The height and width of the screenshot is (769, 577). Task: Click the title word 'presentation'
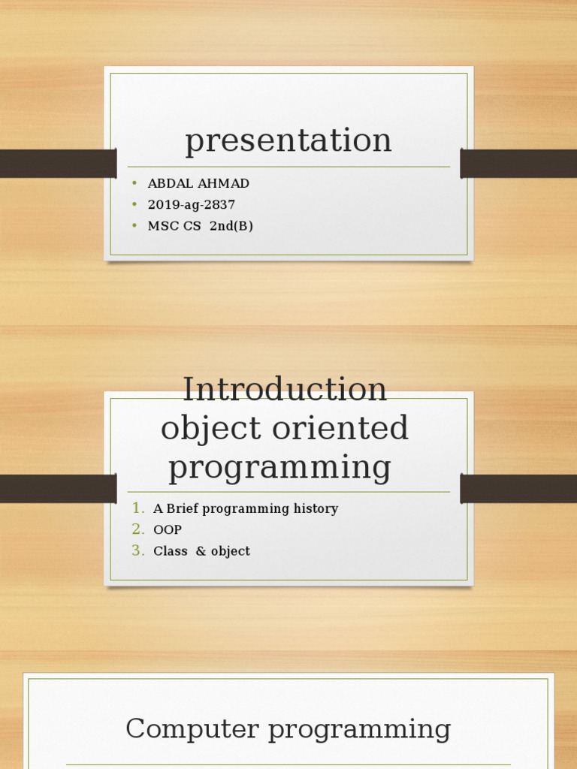click(x=288, y=140)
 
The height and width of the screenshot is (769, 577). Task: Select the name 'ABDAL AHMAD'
click(x=198, y=184)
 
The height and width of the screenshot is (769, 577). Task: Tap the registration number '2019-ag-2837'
click(x=192, y=205)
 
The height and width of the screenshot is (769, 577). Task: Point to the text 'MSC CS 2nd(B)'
click(x=200, y=226)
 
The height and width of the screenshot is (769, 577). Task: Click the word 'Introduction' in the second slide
click(x=285, y=390)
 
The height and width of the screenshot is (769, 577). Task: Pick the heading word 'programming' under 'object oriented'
click(x=279, y=467)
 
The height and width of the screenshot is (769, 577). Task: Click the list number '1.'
click(x=138, y=508)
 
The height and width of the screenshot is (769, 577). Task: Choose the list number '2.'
click(x=138, y=529)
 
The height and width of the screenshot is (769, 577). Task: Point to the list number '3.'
click(x=138, y=550)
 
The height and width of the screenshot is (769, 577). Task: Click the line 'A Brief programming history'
click(x=246, y=509)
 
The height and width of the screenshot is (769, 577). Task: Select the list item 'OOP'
click(x=168, y=530)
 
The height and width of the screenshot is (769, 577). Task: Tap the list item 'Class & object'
click(x=201, y=551)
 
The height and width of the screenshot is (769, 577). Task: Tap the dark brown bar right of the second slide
click(x=518, y=488)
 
